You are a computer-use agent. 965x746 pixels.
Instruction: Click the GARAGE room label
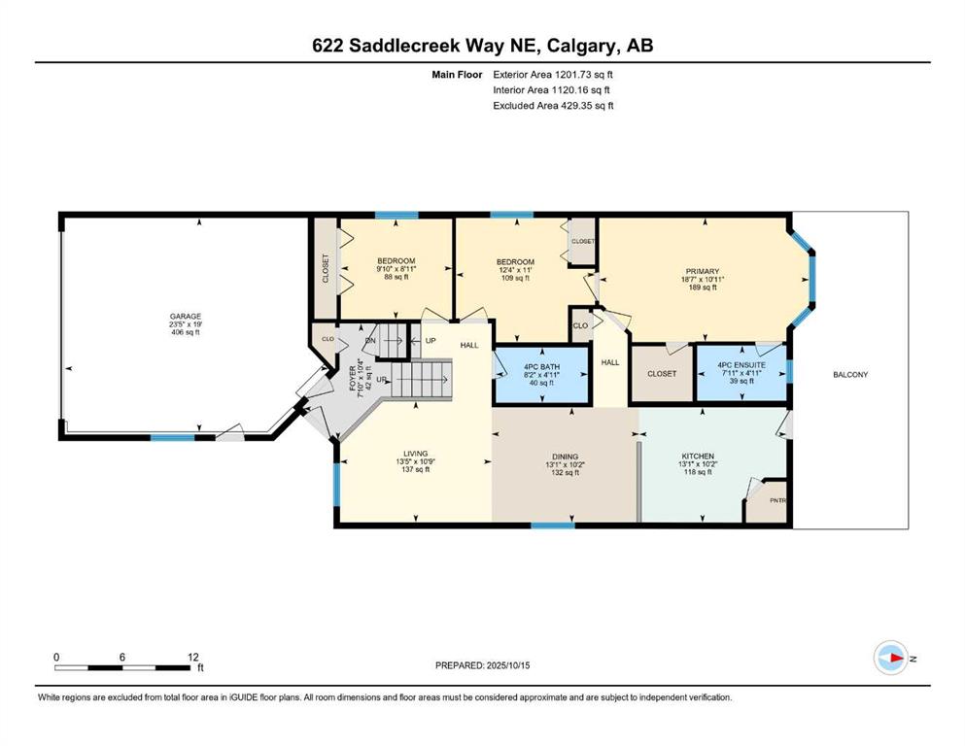point(186,316)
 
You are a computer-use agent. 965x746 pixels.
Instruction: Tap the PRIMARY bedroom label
point(703,271)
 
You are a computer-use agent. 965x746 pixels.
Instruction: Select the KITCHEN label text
point(698,457)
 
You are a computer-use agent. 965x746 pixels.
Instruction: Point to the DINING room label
point(565,457)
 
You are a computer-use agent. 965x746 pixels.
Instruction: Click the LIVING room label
point(415,454)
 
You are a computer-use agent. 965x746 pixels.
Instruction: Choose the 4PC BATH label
point(541,367)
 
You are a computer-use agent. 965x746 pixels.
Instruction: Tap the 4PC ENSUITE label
point(741,364)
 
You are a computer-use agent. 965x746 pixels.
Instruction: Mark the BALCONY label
point(850,375)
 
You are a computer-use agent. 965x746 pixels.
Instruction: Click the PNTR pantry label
point(777,500)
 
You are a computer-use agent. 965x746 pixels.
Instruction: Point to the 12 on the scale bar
point(193,658)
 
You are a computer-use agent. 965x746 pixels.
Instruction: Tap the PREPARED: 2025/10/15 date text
point(482,665)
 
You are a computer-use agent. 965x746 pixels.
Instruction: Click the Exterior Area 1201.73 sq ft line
point(553,75)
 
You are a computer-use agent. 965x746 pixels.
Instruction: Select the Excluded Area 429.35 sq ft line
point(553,105)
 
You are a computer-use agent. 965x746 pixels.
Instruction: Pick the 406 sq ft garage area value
point(186,332)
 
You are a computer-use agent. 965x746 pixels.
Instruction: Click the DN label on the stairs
point(370,341)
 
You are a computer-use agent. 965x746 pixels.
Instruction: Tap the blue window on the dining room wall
point(553,526)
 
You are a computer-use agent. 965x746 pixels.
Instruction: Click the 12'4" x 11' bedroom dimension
point(516,270)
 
